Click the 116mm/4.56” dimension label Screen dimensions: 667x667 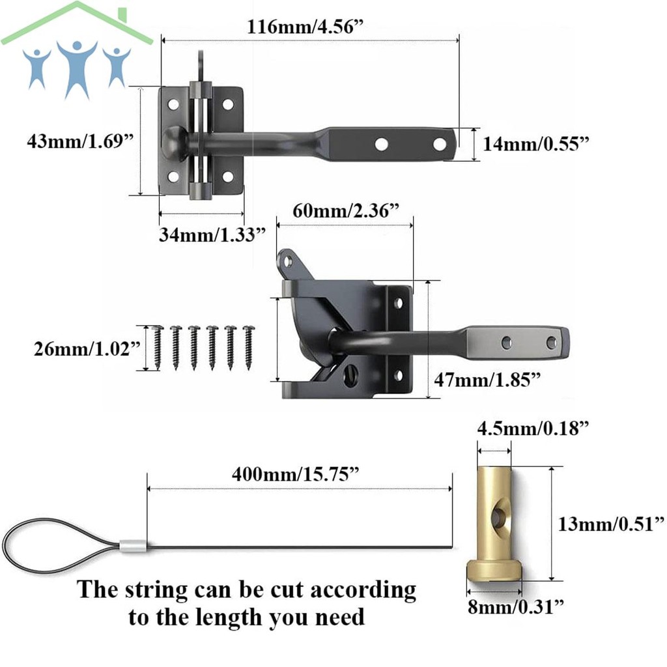(x=305, y=27)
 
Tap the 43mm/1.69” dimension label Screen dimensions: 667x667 (x=80, y=141)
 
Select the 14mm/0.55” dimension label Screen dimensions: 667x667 (x=536, y=144)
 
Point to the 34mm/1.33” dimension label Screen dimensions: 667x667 (x=212, y=234)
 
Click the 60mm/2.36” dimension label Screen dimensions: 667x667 (x=347, y=210)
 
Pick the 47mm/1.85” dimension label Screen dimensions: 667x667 (x=487, y=380)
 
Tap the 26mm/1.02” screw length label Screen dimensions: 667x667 (x=87, y=349)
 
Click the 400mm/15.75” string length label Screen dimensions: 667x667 (x=296, y=474)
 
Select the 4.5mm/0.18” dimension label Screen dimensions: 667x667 (x=533, y=428)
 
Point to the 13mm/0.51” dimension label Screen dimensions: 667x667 (x=611, y=524)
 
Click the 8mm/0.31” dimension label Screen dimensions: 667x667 (x=516, y=606)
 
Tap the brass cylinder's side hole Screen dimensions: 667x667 (x=496, y=517)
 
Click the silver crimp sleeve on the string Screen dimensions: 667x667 (x=133, y=546)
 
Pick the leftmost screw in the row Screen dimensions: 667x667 (x=157, y=347)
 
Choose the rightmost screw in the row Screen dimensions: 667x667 (x=248, y=347)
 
